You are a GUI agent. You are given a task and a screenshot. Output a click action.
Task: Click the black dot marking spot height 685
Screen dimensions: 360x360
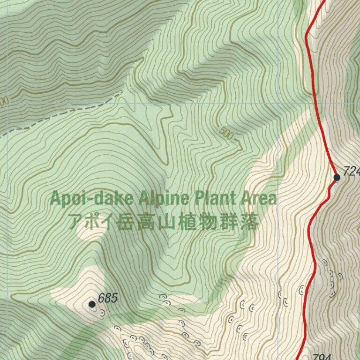(92, 304)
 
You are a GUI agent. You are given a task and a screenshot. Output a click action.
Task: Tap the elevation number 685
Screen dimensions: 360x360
(108, 298)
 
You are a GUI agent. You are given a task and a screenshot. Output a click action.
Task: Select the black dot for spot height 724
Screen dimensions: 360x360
(337, 177)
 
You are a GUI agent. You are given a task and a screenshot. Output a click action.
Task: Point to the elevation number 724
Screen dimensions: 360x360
(351, 172)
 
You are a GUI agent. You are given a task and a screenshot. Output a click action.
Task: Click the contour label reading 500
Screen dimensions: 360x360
(226, 134)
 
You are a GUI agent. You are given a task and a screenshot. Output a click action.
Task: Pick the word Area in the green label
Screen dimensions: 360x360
(258, 198)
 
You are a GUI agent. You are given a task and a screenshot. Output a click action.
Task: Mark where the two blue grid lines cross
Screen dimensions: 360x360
(278, 104)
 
